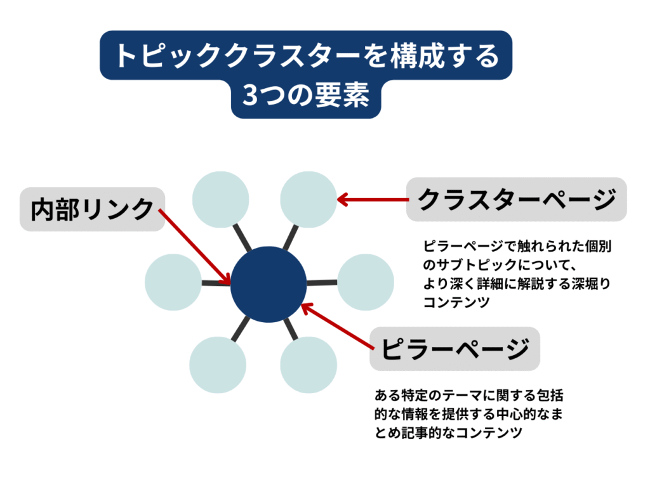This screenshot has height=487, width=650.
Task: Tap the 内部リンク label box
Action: pyautogui.click(x=93, y=209)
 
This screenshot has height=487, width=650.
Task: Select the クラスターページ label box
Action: pyautogui.click(x=516, y=199)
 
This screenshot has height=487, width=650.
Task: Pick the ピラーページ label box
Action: pyautogui.click(x=454, y=348)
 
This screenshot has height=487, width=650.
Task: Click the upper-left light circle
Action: pyautogui.click(x=220, y=199)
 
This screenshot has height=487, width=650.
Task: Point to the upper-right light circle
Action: pyautogui.click(x=308, y=199)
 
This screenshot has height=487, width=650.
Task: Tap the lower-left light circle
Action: pyautogui.click(x=218, y=365)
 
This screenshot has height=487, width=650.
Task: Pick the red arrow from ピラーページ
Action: pyautogui.click(x=336, y=327)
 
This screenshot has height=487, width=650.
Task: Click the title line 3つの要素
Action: pyautogui.click(x=306, y=96)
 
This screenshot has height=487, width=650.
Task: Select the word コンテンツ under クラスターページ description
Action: pyautogui.click(x=456, y=303)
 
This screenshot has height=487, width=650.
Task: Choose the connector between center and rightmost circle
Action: pyautogui.click(x=322, y=282)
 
